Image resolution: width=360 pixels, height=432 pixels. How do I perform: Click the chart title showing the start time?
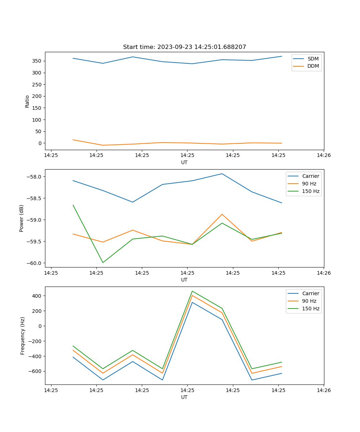[184, 47]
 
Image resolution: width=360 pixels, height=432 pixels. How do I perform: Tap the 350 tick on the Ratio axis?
[37, 61]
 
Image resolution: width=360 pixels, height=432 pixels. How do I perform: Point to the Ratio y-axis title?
[27, 101]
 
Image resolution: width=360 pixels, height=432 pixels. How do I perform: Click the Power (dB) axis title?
[22, 218]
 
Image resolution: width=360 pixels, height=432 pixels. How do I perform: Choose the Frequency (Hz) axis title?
[22, 336]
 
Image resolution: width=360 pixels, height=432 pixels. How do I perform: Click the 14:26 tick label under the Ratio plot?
[324, 155]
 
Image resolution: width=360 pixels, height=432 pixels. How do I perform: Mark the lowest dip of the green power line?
[103, 262]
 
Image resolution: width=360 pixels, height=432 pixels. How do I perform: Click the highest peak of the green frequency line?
[192, 291]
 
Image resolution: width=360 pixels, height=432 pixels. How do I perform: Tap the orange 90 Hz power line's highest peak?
[222, 214]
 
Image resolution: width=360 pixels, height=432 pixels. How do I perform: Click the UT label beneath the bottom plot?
[184, 397]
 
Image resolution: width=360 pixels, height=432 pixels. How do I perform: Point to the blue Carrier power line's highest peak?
[222, 174]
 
